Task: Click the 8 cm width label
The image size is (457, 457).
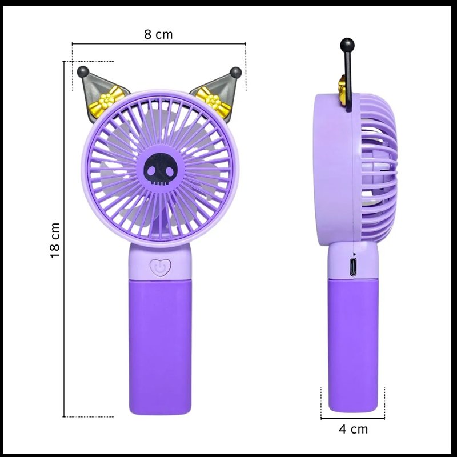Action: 158,34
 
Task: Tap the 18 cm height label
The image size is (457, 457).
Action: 55,240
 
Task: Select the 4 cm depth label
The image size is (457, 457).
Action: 353,429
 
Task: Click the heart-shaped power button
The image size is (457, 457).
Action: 161,267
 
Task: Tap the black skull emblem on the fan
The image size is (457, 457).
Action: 160,169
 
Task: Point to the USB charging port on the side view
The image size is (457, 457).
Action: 354,267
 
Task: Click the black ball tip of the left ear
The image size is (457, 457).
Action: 83,72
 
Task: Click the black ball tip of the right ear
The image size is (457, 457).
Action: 235,73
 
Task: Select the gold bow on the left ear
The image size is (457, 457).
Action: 107,101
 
